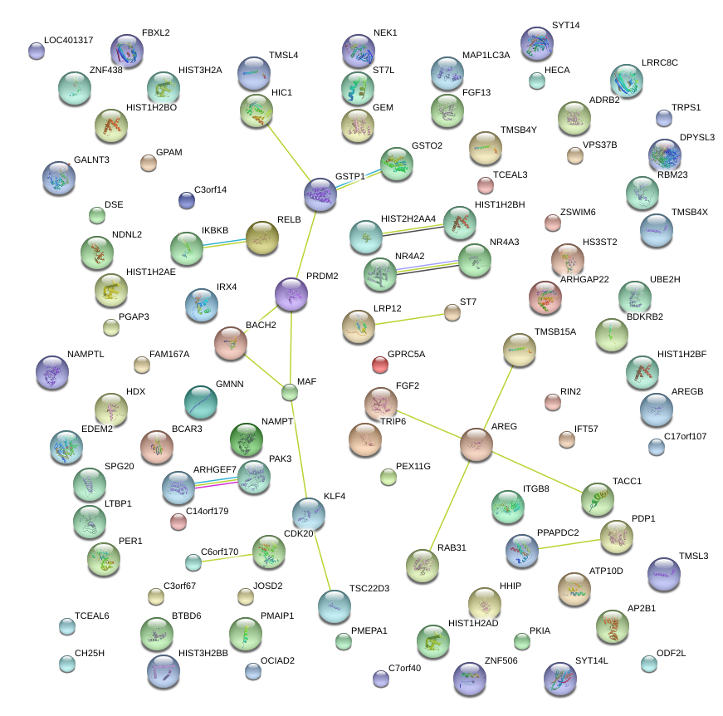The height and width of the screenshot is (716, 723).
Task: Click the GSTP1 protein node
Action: pyautogui.click(x=320, y=194)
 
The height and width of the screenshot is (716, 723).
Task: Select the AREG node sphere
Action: pyautogui.click(x=476, y=445)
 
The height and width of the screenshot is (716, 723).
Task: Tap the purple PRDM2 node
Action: pyautogui.click(x=291, y=294)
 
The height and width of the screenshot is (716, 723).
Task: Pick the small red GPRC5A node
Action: pyautogui.click(x=379, y=364)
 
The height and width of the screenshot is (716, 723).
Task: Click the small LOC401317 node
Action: pyautogui.click(x=36, y=51)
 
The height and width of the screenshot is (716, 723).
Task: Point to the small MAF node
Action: pyautogui.click(x=289, y=392)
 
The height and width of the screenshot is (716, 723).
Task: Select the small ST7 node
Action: pyautogui.click(x=452, y=311)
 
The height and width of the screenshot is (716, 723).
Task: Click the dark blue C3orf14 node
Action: pyautogui.click(x=187, y=199)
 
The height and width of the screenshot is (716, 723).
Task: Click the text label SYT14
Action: pyautogui.click(x=565, y=25)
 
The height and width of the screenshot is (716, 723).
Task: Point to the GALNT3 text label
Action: pyautogui.click(x=91, y=159)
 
